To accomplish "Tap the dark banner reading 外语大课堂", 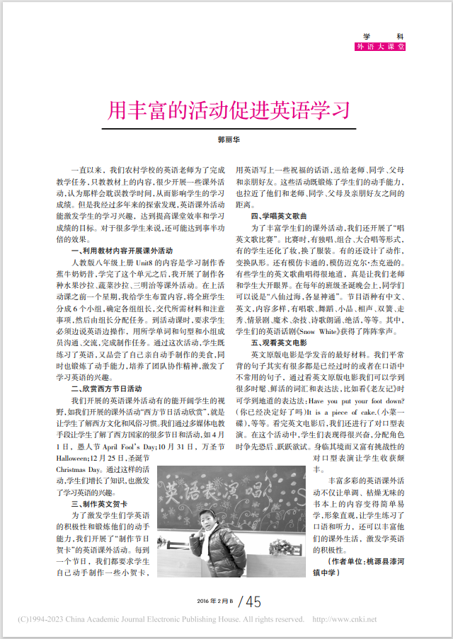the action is click(x=381, y=47).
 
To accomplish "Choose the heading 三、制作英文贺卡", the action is click(x=103, y=504).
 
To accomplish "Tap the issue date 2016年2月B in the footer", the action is click(x=215, y=601).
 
